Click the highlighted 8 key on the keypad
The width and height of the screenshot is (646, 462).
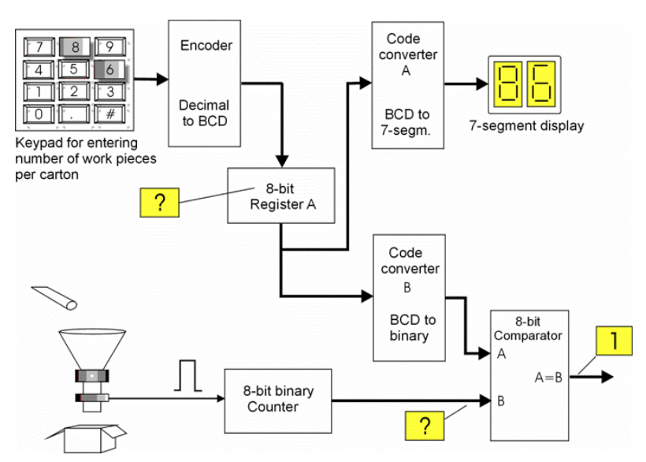(x=73, y=47)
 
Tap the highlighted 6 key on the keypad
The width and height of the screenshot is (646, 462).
(x=110, y=69)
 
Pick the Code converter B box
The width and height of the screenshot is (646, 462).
(x=409, y=297)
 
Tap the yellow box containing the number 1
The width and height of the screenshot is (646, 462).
(x=614, y=341)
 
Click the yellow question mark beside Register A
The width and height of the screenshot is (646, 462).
(x=158, y=203)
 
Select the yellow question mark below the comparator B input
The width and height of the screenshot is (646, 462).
(x=425, y=427)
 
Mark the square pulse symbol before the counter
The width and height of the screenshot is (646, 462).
(x=187, y=375)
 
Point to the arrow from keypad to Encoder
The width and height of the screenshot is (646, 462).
(x=151, y=80)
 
